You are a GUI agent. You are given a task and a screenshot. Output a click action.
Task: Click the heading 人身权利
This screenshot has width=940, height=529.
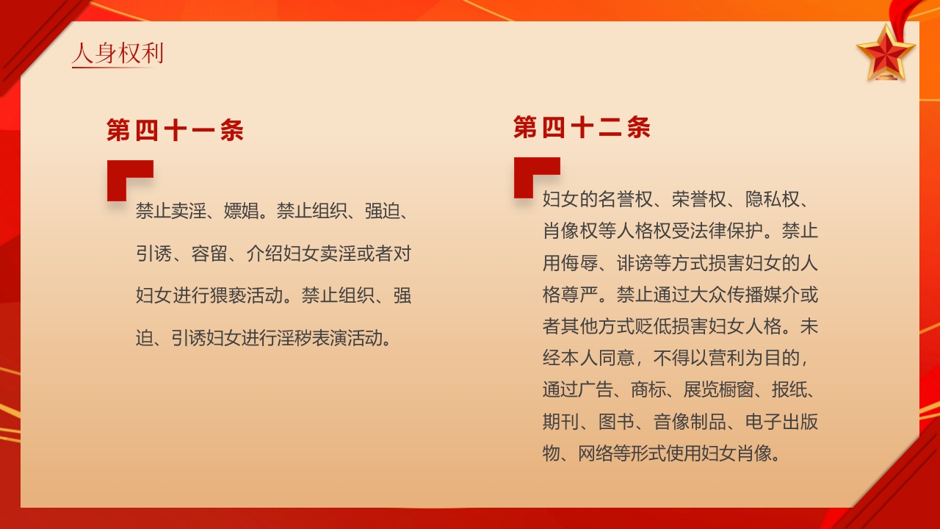click(x=117, y=54)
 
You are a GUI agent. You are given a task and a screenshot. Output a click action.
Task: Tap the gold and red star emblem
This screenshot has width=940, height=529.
click(x=886, y=52)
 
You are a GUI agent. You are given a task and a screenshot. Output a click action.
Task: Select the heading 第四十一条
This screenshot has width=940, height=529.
click(x=175, y=131)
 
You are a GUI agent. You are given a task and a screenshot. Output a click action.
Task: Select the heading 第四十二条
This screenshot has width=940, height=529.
click(x=582, y=128)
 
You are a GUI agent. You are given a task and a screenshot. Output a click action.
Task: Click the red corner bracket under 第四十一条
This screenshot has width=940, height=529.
click(x=129, y=179)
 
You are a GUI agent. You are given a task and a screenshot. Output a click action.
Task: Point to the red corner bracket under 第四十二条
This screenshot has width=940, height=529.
click(x=535, y=176)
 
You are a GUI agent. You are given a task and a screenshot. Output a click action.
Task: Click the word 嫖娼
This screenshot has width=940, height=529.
click(x=242, y=212)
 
